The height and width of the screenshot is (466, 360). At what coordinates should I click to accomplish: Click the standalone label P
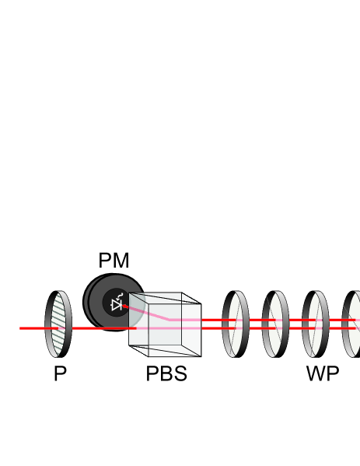60,373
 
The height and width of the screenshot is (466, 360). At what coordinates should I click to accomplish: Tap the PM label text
114,261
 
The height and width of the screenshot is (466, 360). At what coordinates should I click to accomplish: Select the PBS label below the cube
166,373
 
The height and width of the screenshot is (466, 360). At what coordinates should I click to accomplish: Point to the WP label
322,373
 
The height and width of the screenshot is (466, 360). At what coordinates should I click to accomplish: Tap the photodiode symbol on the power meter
117,304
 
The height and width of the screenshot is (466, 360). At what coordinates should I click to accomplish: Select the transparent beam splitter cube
165,324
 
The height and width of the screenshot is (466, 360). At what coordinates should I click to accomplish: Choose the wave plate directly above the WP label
315,324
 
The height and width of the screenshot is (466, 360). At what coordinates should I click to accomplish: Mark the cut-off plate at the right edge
353,324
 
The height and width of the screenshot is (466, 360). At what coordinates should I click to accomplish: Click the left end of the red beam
22,328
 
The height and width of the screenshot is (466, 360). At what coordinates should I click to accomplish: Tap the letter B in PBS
166,373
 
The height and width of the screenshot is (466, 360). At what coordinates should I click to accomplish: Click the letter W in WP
316,373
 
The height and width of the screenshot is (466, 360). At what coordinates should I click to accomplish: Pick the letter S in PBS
180,373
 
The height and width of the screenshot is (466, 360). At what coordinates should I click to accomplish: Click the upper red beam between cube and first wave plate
214,319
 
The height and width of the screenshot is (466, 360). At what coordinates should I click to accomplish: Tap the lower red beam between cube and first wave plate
214,328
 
